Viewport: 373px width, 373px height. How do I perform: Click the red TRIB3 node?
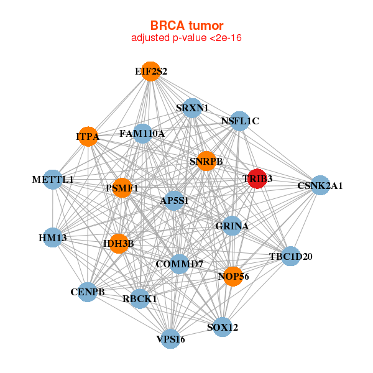(x=257, y=179)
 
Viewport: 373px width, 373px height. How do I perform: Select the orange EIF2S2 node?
(x=150, y=71)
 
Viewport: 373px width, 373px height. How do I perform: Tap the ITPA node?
(x=88, y=137)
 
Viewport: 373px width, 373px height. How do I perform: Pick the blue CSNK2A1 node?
(x=320, y=185)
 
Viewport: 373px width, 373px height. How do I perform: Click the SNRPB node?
(x=206, y=162)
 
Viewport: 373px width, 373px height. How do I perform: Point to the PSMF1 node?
(x=122, y=188)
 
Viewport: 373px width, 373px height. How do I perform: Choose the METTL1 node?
(x=53, y=180)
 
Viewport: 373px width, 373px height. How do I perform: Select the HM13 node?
(x=53, y=237)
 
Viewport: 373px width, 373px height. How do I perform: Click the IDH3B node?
(x=119, y=243)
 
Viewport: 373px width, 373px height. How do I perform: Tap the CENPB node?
(x=87, y=292)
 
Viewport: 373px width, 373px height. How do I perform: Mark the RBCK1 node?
(x=140, y=299)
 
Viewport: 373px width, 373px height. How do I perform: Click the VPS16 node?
(x=171, y=339)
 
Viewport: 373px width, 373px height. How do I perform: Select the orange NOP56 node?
(x=233, y=276)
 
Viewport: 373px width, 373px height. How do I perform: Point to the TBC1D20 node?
(x=290, y=256)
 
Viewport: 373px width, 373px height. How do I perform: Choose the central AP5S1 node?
(x=174, y=201)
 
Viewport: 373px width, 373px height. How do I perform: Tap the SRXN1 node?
(x=192, y=108)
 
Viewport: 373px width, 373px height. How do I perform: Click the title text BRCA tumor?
(x=186, y=25)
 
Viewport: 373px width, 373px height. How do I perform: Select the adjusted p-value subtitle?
(x=186, y=38)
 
